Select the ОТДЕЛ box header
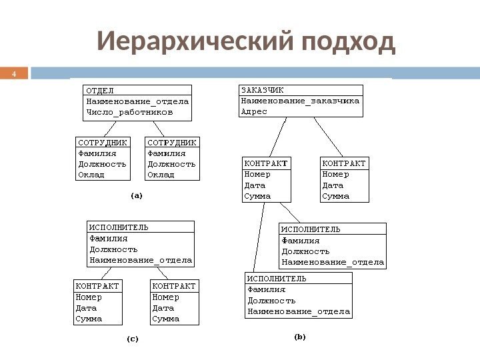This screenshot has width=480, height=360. click(x=100, y=90)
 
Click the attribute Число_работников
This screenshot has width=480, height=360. click(x=129, y=112)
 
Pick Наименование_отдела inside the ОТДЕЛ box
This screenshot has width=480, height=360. click(x=137, y=101)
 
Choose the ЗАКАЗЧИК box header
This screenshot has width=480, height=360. click(x=263, y=90)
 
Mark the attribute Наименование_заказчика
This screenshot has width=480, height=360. click(x=300, y=101)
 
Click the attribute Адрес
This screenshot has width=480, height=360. click(x=254, y=111)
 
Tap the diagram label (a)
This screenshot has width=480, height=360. click(x=136, y=196)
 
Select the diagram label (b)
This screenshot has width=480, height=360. click(x=299, y=337)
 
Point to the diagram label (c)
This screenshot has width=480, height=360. click(x=133, y=339)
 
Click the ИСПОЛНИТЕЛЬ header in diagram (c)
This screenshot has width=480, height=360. click(x=119, y=227)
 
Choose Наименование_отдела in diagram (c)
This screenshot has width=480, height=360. click(x=141, y=259)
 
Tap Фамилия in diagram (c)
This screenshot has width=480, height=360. click(x=108, y=238)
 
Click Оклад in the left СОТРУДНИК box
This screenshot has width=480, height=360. click(x=91, y=174)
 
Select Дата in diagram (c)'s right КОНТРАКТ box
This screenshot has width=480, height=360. click(x=163, y=308)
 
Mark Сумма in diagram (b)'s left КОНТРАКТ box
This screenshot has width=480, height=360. click(x=257, y=196)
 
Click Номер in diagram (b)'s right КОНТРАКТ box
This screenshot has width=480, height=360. click(x=335, y=175)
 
